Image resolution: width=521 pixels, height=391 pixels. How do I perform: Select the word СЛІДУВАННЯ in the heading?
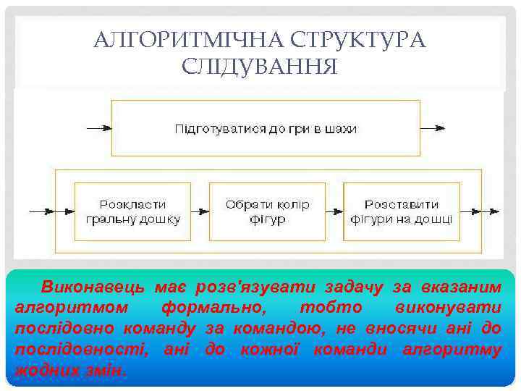coord(260,68)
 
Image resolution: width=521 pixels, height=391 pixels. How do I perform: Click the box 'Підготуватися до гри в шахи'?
coord(266,128)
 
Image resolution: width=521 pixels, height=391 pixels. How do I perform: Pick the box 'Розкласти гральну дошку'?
coord(132,211)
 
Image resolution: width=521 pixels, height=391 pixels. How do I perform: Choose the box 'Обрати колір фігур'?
coord(267,211)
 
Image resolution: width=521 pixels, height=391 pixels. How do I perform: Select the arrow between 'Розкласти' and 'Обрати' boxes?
coord(200,211)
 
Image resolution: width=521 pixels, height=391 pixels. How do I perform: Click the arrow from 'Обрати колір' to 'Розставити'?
coord(334,211)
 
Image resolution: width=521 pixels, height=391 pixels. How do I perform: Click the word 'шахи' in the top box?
coord(344,129)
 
